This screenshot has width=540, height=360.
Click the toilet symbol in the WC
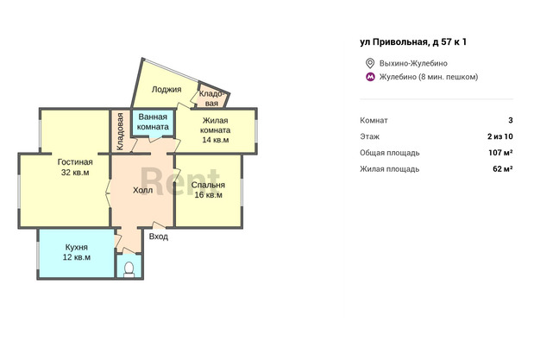(x=129, y=270)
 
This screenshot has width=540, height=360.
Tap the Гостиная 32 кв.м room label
(x=75, y=167)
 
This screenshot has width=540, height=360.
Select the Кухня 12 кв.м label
(x=77, y=252)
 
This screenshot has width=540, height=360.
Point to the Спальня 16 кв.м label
(x=209, y=190)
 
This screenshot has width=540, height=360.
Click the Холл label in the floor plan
(x=143, y=190)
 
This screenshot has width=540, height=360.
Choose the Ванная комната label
(x=153, y=122)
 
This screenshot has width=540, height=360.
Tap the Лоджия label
(x=166, y=90)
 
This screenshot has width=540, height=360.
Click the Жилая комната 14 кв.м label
(x=216, y=130)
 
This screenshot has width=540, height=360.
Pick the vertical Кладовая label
(x=120, y=132)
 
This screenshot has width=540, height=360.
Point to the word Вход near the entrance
(x=159, y=237)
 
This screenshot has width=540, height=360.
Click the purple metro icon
(x=370, y=77)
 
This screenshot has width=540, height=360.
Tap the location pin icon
(x=370, y=63)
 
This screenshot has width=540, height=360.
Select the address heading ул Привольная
(x=413, y=42)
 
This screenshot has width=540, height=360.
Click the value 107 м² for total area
(x=500, y=153)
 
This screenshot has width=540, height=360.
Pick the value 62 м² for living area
(x=503, y=168)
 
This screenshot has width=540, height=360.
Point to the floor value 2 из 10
(x=500, y=136)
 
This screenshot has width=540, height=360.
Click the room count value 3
(x=511, y=120)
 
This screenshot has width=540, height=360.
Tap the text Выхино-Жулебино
(x=413, y=63)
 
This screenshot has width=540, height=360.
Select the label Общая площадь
(x=390, y=153)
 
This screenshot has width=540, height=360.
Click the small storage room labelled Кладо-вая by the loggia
(x=211, y=98)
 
